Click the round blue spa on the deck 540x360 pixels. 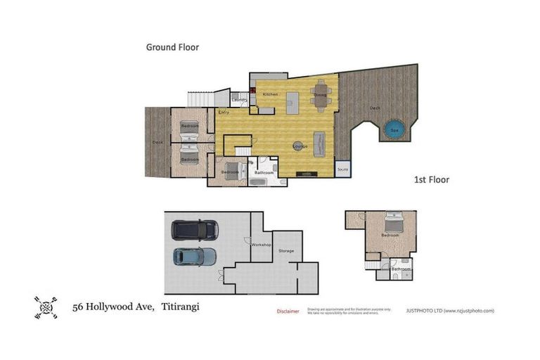click(394, 130)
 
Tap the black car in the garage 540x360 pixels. click(195, 230)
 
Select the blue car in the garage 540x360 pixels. click(195, 257)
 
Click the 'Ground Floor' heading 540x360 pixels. click(172, 47)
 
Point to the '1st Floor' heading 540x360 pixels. click(431, 180)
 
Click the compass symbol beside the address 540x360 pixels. click(46, 307)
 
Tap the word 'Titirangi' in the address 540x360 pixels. click(181, 307)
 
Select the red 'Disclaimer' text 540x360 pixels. click(288, 311)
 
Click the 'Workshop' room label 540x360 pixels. click(262, 244)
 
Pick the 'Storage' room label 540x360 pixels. click(286, 250)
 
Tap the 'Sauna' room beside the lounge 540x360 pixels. click(342, 169)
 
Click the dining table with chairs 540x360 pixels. click(321, 99)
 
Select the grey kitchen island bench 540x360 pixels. click(292, 102)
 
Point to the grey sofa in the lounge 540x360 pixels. click(319, 143)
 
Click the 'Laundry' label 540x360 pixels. click(239, 101)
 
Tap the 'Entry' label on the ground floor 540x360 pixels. click(224, 112)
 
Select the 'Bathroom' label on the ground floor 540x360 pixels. click(264, 172)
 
